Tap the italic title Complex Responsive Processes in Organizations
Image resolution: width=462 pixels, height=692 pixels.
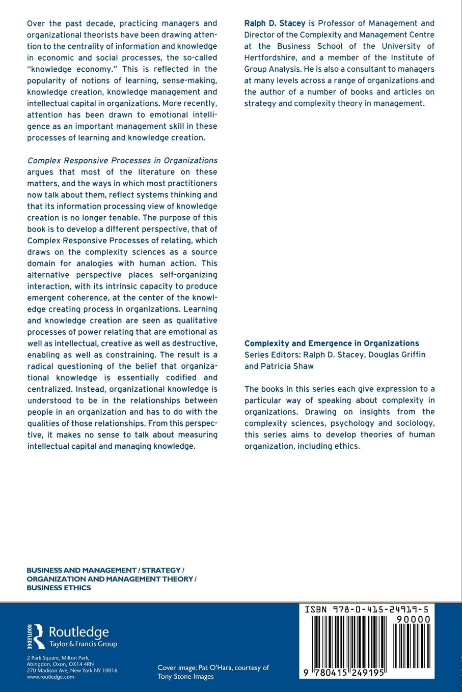[x=122, y=160]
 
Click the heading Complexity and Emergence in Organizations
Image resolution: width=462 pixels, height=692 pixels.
[x=332, y=343]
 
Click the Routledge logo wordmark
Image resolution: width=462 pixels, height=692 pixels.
[x=78, y=632]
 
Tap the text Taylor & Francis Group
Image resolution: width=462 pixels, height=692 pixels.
[x=83, y=644]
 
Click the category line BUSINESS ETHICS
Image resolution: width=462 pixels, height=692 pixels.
[x=59, y=588]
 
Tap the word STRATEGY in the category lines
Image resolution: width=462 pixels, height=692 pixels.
[x=161, y=570]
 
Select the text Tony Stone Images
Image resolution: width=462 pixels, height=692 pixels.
[x=185, y=676]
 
